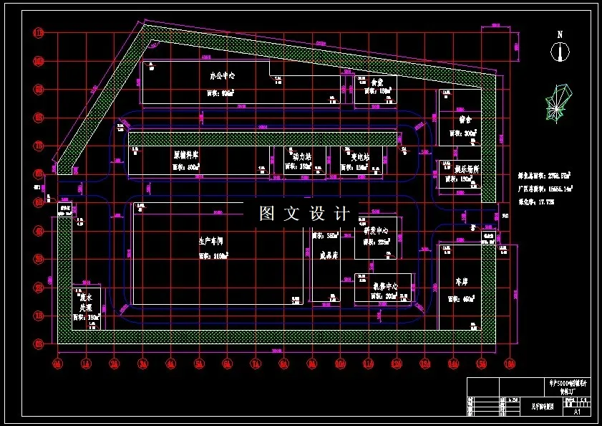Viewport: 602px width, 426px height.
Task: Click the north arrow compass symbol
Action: pyautogui.click(x=560, y=52)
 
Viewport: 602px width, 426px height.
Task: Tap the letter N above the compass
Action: pyautogui.click(x=560, y=34)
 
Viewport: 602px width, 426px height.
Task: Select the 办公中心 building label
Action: pyautogui.click(x=223, y=75)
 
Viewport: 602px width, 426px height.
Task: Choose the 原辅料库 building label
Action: pyautogui.click(x=185, y=154)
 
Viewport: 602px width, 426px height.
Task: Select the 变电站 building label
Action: pyautogui.click(x=360, y=156)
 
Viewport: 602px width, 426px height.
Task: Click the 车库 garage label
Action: pyautogui.click(x=465, y=282)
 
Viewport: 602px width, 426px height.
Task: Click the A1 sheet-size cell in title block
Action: pyautogui.click(x=577, y=412)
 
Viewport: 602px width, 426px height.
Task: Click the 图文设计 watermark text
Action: pyautogui.click(x=304, y=213)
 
